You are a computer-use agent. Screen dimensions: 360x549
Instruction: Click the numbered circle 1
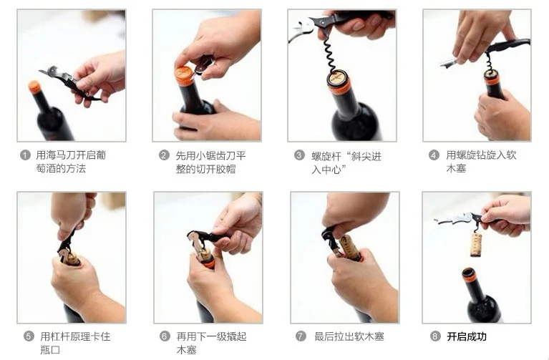[x=26, y=155]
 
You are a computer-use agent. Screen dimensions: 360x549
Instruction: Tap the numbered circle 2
[x=164, y=155]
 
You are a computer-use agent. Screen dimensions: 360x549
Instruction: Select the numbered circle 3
[x=299, y=155]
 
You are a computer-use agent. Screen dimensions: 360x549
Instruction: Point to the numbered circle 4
[x=434, y=155]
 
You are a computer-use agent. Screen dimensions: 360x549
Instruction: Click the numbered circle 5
[x=29, y=336]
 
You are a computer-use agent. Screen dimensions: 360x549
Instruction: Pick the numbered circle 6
[x=165, y=336]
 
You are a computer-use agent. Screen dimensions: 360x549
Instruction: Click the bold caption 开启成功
[x=467, y=336]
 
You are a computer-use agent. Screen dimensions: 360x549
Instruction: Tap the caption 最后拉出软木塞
[x=349, y=336]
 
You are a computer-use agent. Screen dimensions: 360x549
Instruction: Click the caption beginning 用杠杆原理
[x=74, y=343]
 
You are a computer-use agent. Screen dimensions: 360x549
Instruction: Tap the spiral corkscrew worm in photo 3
[x=330, y=54]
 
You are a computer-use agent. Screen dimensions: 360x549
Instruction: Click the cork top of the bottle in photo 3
[x=337, y=76]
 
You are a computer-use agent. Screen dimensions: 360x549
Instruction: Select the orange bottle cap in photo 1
[x=34, y=87]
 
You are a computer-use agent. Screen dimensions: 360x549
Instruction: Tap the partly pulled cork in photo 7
[x=350, y=246]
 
